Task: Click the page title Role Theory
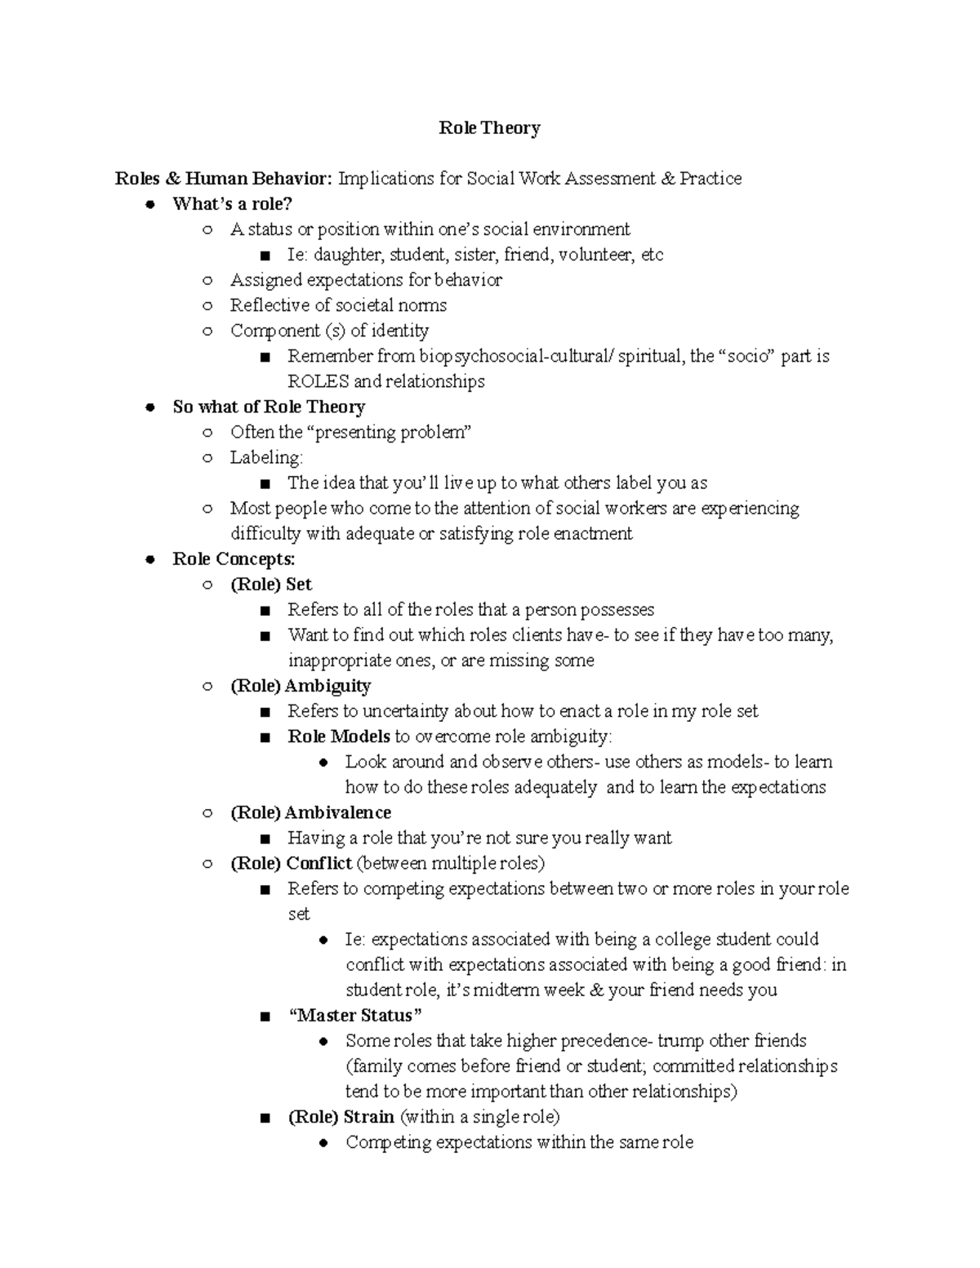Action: (489, 128)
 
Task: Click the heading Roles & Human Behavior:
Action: (224, 179)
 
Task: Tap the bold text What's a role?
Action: (232, 204)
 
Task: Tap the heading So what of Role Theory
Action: (269, 407)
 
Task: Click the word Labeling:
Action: (266, 457)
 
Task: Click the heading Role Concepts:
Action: (234, 559)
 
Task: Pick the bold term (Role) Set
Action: (271, 585)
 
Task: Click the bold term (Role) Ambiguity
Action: (301, 686)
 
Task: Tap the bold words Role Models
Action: (339, 736)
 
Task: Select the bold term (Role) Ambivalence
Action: (310, 812)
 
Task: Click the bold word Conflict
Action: (318, 863)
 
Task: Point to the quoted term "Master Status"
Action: (355, 1016)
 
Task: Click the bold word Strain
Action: (368, 1117)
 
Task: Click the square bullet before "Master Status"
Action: (264, 1017)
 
